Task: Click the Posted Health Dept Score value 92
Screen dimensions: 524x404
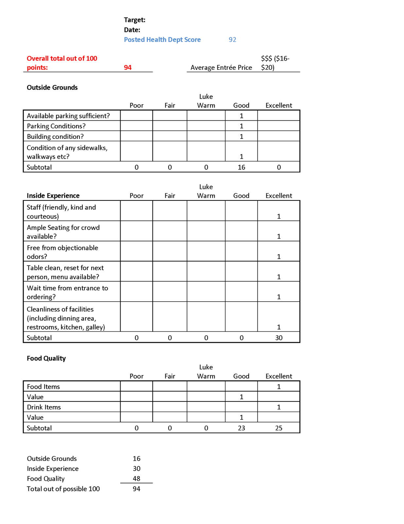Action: tap(232, 40)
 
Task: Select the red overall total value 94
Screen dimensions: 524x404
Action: tap(127, 67)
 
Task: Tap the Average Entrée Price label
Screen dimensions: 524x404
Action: tap(221, 67)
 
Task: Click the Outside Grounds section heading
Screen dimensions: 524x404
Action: tap(52, 87)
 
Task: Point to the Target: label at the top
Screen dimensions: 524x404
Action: tap(135, 20)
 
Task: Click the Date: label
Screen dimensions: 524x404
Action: tap(132, 30)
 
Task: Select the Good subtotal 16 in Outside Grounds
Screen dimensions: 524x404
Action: tap(241, 167)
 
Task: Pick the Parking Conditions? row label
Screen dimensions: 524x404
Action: tap(56, 126)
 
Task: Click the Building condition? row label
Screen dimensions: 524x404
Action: tap(55, 137)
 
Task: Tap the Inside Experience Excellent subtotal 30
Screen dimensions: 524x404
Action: tap(278, 338)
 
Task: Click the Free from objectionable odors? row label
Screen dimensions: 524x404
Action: tap(62, 252)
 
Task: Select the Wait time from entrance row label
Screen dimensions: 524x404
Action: tap(67, 292)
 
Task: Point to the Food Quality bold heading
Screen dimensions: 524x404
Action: tap(46, 358)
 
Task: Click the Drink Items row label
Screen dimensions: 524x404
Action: tap(44, 407)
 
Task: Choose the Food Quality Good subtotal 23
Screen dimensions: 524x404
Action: tap(241, 428)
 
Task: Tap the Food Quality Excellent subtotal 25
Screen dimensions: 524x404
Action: tap(278, 428)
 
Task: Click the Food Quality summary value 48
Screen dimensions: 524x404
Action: tap(136, 478)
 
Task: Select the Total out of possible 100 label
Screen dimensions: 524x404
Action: tap(63, 489)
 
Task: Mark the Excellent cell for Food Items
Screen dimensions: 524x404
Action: tap(278, 386)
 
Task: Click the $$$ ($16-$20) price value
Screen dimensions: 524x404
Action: tap(275, 63)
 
